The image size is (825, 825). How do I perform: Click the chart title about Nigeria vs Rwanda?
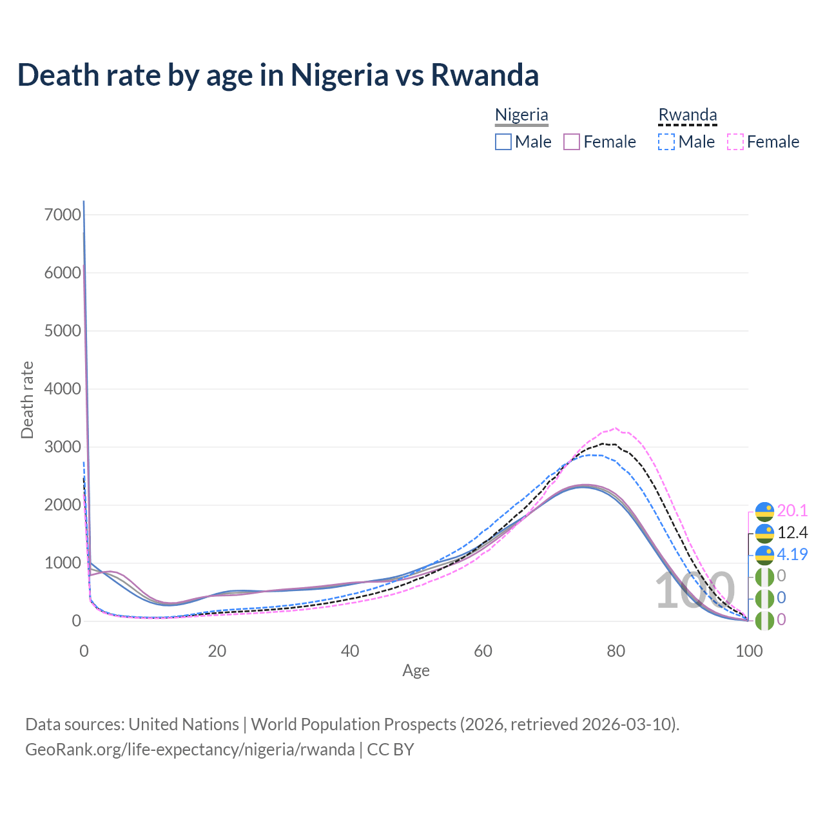click(278, 75)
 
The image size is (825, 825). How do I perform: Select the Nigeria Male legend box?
click(503, 142)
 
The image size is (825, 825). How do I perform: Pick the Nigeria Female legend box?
click(572, 142)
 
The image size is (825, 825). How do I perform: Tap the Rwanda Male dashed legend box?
click(666, 142)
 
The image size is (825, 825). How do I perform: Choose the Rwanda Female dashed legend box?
click(735, 142)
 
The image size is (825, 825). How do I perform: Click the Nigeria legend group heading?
click(521, 115)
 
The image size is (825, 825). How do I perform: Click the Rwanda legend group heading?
click(687, 115)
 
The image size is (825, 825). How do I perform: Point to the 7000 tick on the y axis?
click(63, 215)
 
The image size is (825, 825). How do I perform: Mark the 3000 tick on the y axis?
click(63, 447)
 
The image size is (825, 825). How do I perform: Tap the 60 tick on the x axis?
click(483, 651)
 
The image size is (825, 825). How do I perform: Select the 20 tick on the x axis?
click(217, 651)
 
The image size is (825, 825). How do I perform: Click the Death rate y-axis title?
click(27, 400)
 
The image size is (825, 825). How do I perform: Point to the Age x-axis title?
click(416, 671)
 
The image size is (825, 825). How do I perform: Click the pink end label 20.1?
click(792, 511)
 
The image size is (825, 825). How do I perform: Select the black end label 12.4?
click(792, 533)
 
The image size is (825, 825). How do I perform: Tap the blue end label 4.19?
click(792, 554)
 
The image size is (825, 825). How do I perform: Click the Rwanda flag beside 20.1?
click(764, 512)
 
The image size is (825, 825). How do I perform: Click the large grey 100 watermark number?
click(695, 591)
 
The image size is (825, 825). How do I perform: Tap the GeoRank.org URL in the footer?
click(190, 750)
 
